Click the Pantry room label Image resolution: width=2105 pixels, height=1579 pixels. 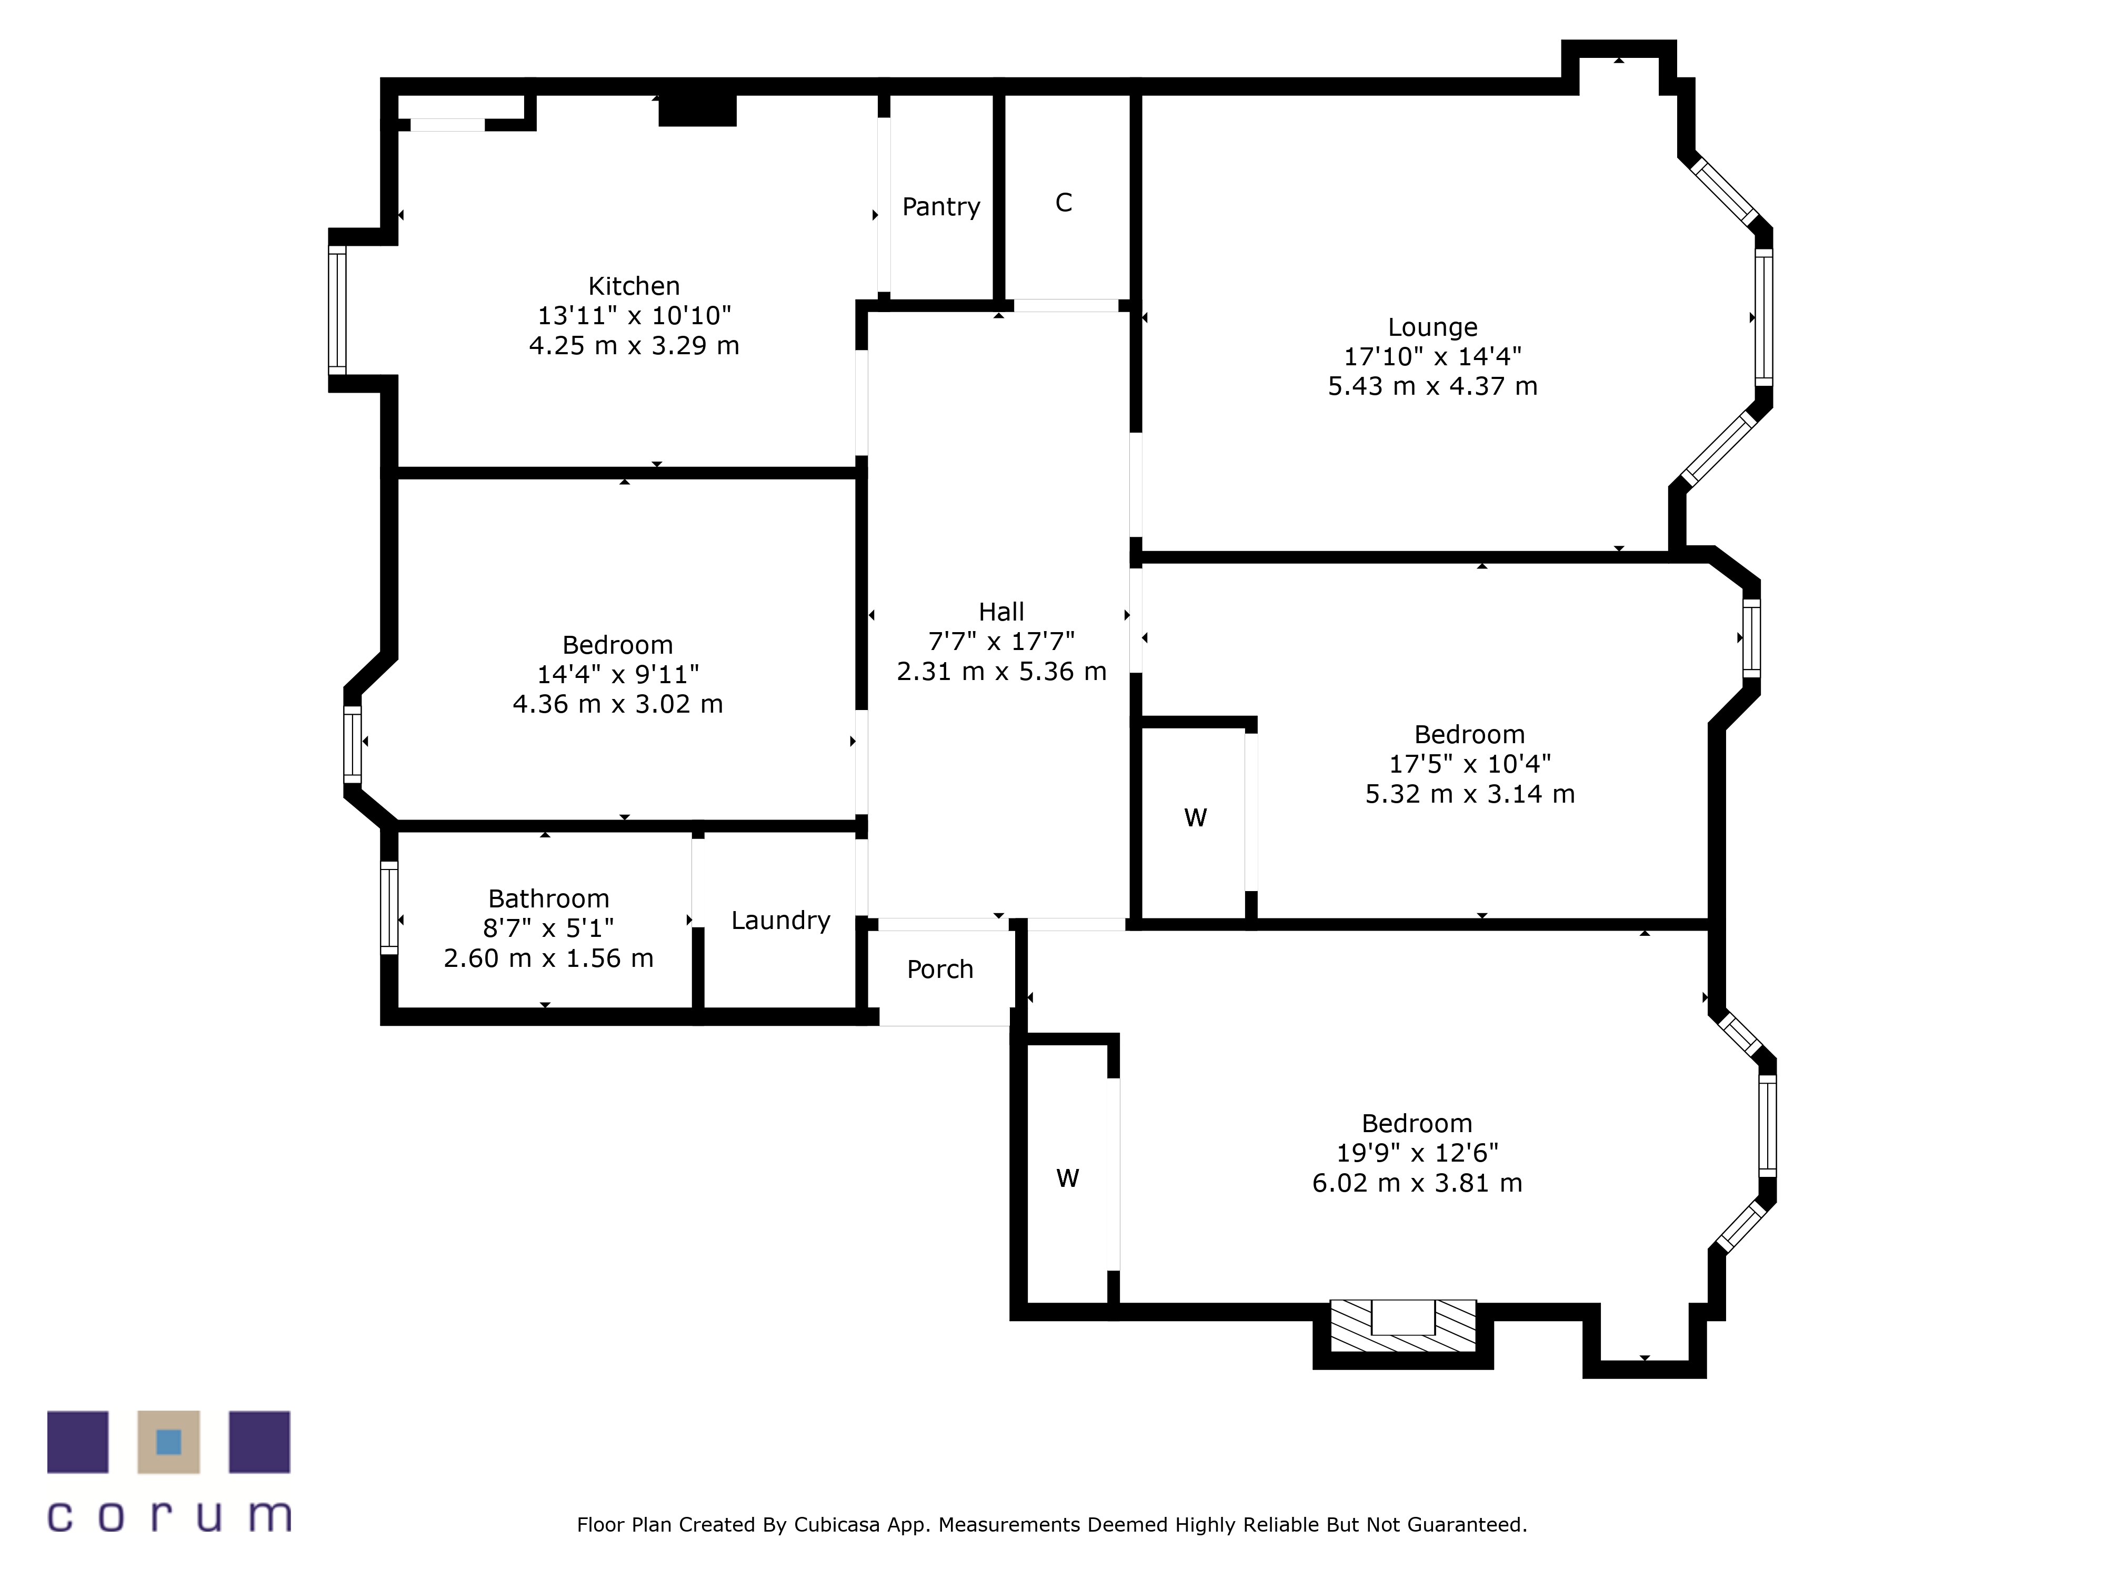point(941,206)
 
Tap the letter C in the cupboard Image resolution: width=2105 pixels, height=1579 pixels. point(1064,203)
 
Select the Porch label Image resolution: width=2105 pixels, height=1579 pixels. point(940,969)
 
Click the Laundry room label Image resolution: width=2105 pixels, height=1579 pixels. point(780,921)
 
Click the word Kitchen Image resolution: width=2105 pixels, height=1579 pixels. point(634,285)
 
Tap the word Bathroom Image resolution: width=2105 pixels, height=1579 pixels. point(548,898)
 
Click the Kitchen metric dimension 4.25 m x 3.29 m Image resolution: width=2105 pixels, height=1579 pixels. point(634,345)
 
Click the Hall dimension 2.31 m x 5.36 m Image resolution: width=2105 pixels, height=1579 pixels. point(1001,671)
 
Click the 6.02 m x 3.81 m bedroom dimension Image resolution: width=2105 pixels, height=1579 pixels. point(1417,1183)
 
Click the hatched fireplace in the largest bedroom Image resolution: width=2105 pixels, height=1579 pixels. point(1402,1325)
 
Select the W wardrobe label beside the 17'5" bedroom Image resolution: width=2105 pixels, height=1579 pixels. point(1195,817)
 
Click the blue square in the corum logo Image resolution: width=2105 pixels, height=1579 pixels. point(168,1442)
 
